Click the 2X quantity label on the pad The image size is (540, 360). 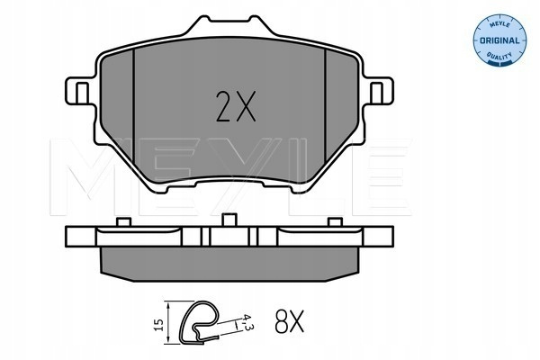pyautogui.click(x=236, y=106)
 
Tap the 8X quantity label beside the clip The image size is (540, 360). pyautogui.click(x=289, y=321)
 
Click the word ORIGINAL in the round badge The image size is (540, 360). pyautogui.click(x=499, y=40)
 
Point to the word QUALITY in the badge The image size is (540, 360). pyautogui.click(x=499, y=56)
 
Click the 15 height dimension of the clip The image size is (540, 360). pyautogui.click(x=158, y=325)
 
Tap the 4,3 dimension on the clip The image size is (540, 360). pyautogui.click(x=247, y=322)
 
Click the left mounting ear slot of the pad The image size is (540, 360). pyautogui.click(x=82, y=94)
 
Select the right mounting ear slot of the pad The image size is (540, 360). pyautogui.click(x=376, y=94)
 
